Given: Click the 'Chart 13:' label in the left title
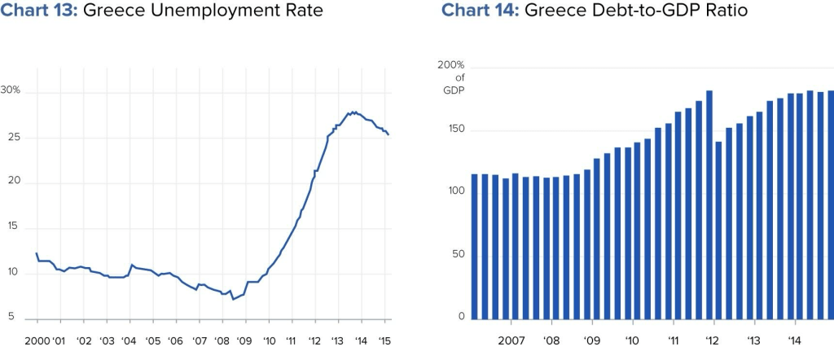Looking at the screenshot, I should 39,11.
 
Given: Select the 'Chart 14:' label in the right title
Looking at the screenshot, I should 480,11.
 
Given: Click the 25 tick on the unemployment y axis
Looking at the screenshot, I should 14,137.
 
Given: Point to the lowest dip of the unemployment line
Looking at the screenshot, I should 233,299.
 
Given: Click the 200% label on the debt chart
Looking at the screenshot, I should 450,64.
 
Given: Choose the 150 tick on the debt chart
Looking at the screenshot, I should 454,130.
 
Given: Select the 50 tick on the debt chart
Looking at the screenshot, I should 458,253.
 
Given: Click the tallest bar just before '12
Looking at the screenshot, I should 709,204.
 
